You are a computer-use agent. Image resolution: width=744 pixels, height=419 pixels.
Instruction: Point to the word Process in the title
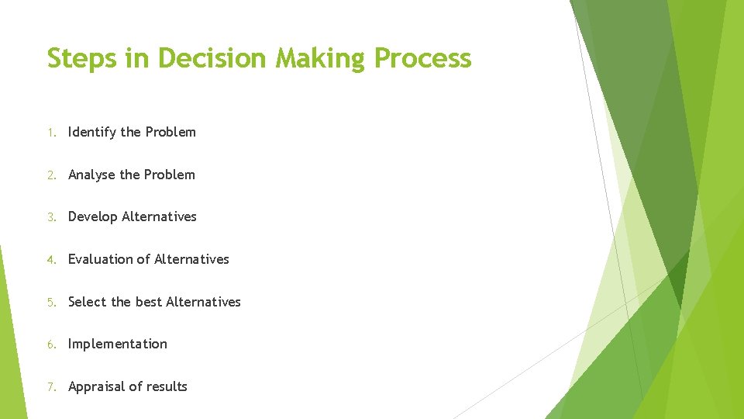(423, 58)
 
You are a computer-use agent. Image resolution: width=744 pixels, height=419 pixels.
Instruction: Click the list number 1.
(50, 133)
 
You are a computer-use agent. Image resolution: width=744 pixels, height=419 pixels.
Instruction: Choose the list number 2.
(50, 175)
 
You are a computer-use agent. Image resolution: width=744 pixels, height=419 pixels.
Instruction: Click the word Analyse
(92, 175)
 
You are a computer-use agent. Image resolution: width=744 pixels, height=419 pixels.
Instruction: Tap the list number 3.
(50, 217)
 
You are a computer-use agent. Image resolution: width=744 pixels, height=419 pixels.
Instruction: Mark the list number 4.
(50, 260)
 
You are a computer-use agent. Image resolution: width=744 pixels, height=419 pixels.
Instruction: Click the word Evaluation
(101, 259)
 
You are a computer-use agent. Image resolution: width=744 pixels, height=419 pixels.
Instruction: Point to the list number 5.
(50, 303)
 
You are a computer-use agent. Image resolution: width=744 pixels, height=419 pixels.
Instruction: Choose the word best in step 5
(149, 302)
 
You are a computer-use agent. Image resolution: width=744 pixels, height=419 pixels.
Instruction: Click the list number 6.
(50, 345)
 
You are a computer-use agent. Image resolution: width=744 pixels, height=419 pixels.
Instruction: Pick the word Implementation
(118, 345)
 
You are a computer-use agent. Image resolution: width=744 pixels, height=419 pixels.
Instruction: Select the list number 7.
(50, 387)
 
